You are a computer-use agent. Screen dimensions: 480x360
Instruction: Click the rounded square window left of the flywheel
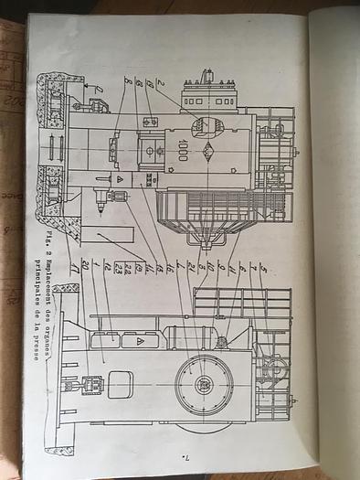(x=120, y=384)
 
